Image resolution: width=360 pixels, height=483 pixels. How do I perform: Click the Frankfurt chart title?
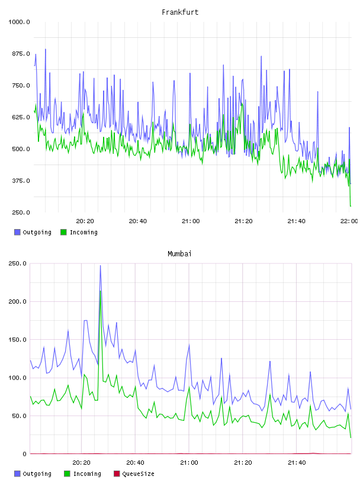coord(180,12)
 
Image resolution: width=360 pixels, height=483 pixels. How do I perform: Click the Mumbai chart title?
coord(179,253)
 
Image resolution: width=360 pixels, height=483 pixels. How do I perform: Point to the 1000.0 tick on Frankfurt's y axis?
coord(19,22)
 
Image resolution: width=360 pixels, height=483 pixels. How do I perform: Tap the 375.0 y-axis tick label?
coord(21,181)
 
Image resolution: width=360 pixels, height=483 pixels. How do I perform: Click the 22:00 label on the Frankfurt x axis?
coord(349,221)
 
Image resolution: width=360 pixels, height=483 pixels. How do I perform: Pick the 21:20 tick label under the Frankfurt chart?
coord(243,221)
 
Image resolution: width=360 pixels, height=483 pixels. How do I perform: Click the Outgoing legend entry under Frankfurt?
coord(33,232)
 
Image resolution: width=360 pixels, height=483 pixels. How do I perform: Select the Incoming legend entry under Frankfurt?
coord(79,232)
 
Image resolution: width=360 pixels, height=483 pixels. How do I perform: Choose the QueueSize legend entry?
coord(134,474)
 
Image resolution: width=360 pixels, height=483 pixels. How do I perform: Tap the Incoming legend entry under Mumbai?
coord(83,474)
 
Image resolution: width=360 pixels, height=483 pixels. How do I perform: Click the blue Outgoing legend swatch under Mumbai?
coord(17,474)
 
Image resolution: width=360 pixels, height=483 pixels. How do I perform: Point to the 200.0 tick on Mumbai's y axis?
coord(17,301)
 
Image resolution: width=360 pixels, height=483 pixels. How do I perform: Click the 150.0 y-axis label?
coord(17,339)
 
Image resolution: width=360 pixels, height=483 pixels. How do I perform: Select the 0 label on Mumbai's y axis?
coord(25,454)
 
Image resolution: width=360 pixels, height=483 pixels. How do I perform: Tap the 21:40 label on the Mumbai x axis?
coord(297,462)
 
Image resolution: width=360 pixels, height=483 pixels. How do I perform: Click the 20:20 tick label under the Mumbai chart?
coord(81,462)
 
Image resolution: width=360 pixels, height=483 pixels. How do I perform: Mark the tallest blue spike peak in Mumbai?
coord(100,266)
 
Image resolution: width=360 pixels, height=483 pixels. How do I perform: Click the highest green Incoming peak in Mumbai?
coord(101,291)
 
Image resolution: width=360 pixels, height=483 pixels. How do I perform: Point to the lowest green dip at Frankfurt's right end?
coord(351,206)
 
